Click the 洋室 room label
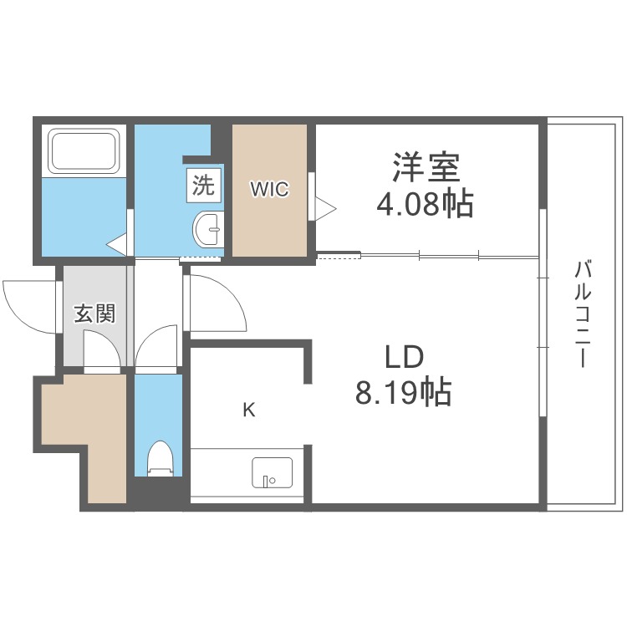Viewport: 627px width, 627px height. coord(426,166)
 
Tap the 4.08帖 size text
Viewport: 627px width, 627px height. coord(425,204)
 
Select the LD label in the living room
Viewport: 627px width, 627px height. coord(404,357)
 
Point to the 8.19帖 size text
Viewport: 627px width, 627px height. coord(404,392)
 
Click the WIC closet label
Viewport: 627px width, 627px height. coord(269,189)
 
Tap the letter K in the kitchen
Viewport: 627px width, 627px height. coord(249,410)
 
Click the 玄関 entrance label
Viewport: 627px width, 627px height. coord(95,313)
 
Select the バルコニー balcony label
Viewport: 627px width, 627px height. coord(582,313)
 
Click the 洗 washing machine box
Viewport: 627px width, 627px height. coord(203,185)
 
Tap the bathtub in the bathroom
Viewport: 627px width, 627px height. coord(84,150)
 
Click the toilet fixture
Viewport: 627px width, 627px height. coord(160,459)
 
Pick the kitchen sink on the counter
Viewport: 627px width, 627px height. coord(272,472)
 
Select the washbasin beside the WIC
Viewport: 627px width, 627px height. coord(207,230)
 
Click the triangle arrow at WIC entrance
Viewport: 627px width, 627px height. coord(325,208)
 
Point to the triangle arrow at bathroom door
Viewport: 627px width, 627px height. coord(117,244)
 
